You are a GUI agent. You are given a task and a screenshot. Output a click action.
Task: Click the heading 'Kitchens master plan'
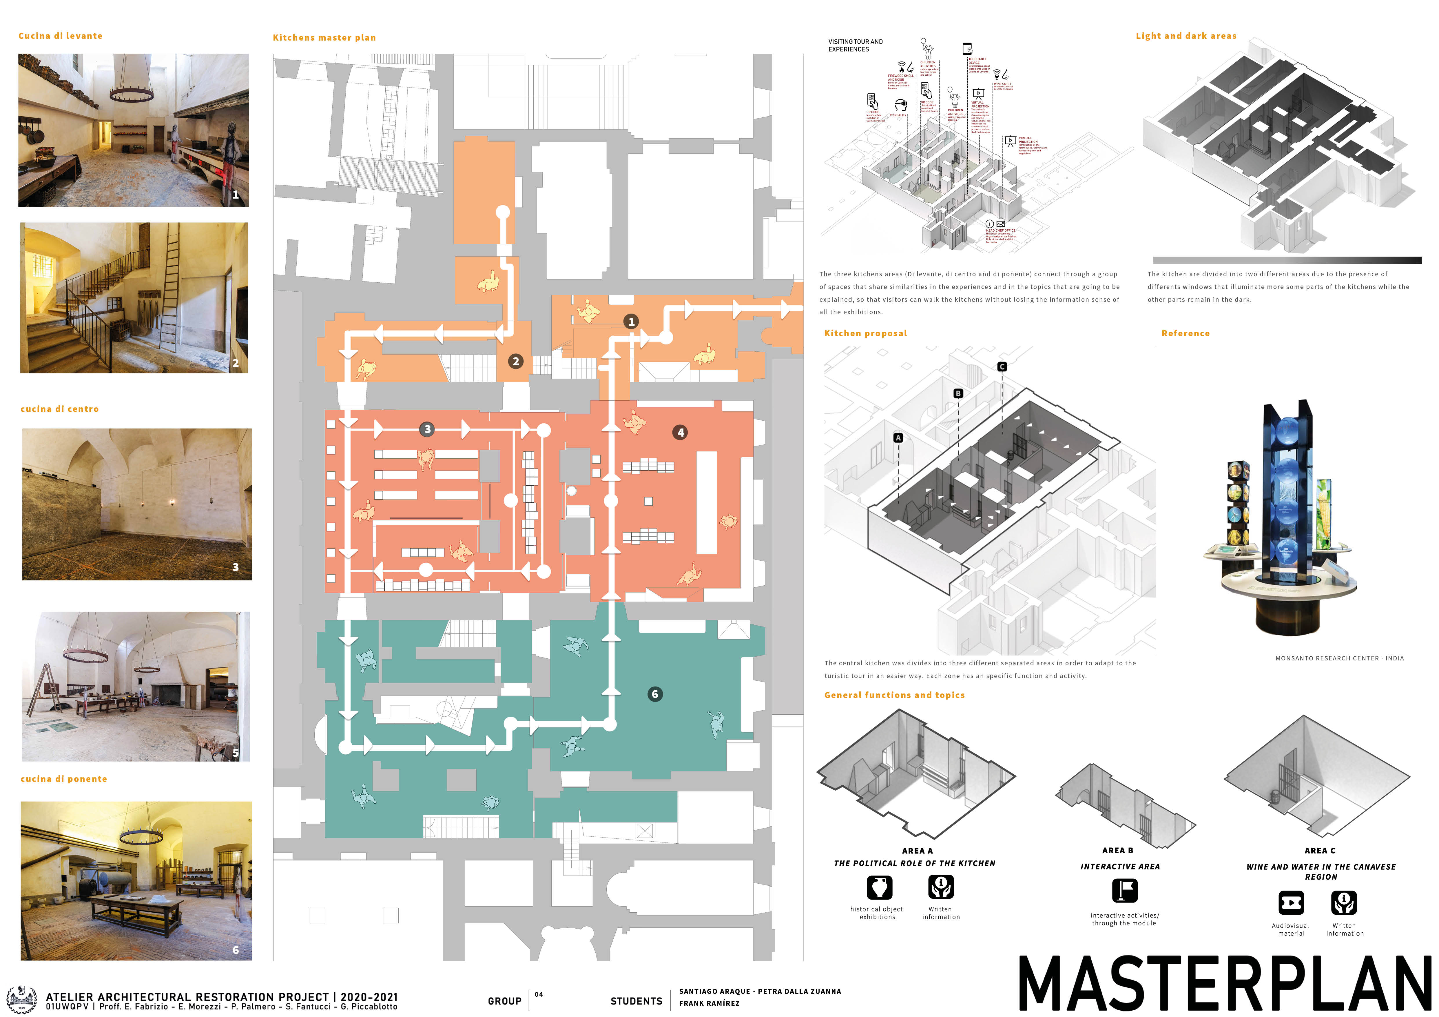click(x=324, y=38)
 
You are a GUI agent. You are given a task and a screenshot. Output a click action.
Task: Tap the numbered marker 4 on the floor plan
click(x=681, y=432)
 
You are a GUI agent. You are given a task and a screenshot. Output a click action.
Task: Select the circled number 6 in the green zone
click(x=655, y=694)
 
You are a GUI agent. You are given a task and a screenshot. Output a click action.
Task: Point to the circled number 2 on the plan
click(x=516, y=361)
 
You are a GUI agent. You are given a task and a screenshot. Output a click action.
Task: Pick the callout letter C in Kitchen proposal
click(x=1002, y=367)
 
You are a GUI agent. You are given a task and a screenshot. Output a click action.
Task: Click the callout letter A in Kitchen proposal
click(x=898, y=438)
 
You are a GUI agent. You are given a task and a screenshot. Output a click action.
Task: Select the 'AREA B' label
click(x=1117, y=850)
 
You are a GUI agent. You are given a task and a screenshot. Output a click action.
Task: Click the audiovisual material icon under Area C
click(x=1291, y=903)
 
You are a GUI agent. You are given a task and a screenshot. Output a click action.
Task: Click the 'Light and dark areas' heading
click(x=1186, y=36)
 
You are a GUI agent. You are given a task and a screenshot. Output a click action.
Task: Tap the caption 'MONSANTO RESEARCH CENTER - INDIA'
click(x=1339, y=658)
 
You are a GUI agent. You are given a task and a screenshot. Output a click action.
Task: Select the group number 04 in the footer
click(x=538, y=994)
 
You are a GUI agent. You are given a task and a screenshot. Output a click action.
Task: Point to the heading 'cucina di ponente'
click(x=64, y=779)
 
